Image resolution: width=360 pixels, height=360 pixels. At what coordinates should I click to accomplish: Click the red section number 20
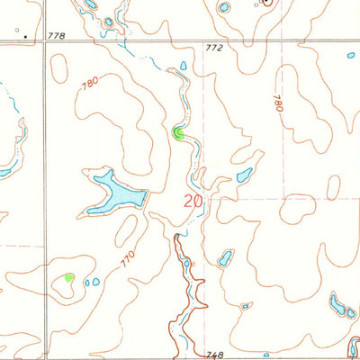tap(193, 202)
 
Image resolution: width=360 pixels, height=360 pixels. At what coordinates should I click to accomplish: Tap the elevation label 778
tap(57, 35)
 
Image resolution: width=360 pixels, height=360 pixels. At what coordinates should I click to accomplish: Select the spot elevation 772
tap(212, 48)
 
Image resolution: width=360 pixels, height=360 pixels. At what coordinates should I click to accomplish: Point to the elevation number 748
tap(213, 355)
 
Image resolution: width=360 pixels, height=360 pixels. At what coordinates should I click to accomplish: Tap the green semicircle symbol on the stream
tap(178, 134)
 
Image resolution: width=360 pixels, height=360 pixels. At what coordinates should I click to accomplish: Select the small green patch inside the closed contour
tap(69, 277)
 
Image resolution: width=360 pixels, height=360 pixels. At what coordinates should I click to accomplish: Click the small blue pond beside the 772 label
tap(184, 66)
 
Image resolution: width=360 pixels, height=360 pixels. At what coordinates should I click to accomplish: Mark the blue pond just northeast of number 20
tap(244, 175)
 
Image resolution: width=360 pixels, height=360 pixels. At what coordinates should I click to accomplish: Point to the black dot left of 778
tap(26, 37)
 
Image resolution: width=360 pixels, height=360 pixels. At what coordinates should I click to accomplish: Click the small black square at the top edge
tap(256, 4)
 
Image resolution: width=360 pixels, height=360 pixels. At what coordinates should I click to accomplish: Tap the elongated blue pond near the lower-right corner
tap(339, 306)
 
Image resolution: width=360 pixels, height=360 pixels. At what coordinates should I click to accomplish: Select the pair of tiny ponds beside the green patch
tap(92, 283)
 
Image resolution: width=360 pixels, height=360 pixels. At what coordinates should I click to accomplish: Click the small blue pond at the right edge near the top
tap(351, 55)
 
